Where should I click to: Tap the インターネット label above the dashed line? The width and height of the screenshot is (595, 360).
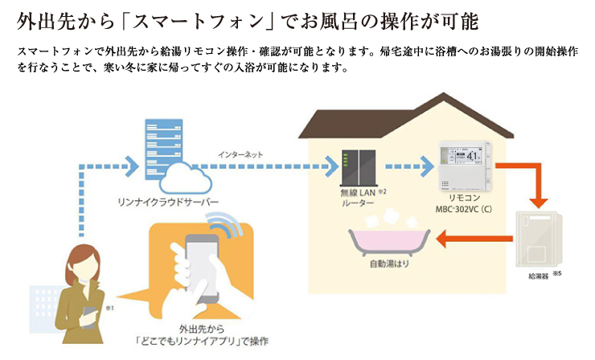pos(240,154)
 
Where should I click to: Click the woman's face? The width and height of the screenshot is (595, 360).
pos(83,264)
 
